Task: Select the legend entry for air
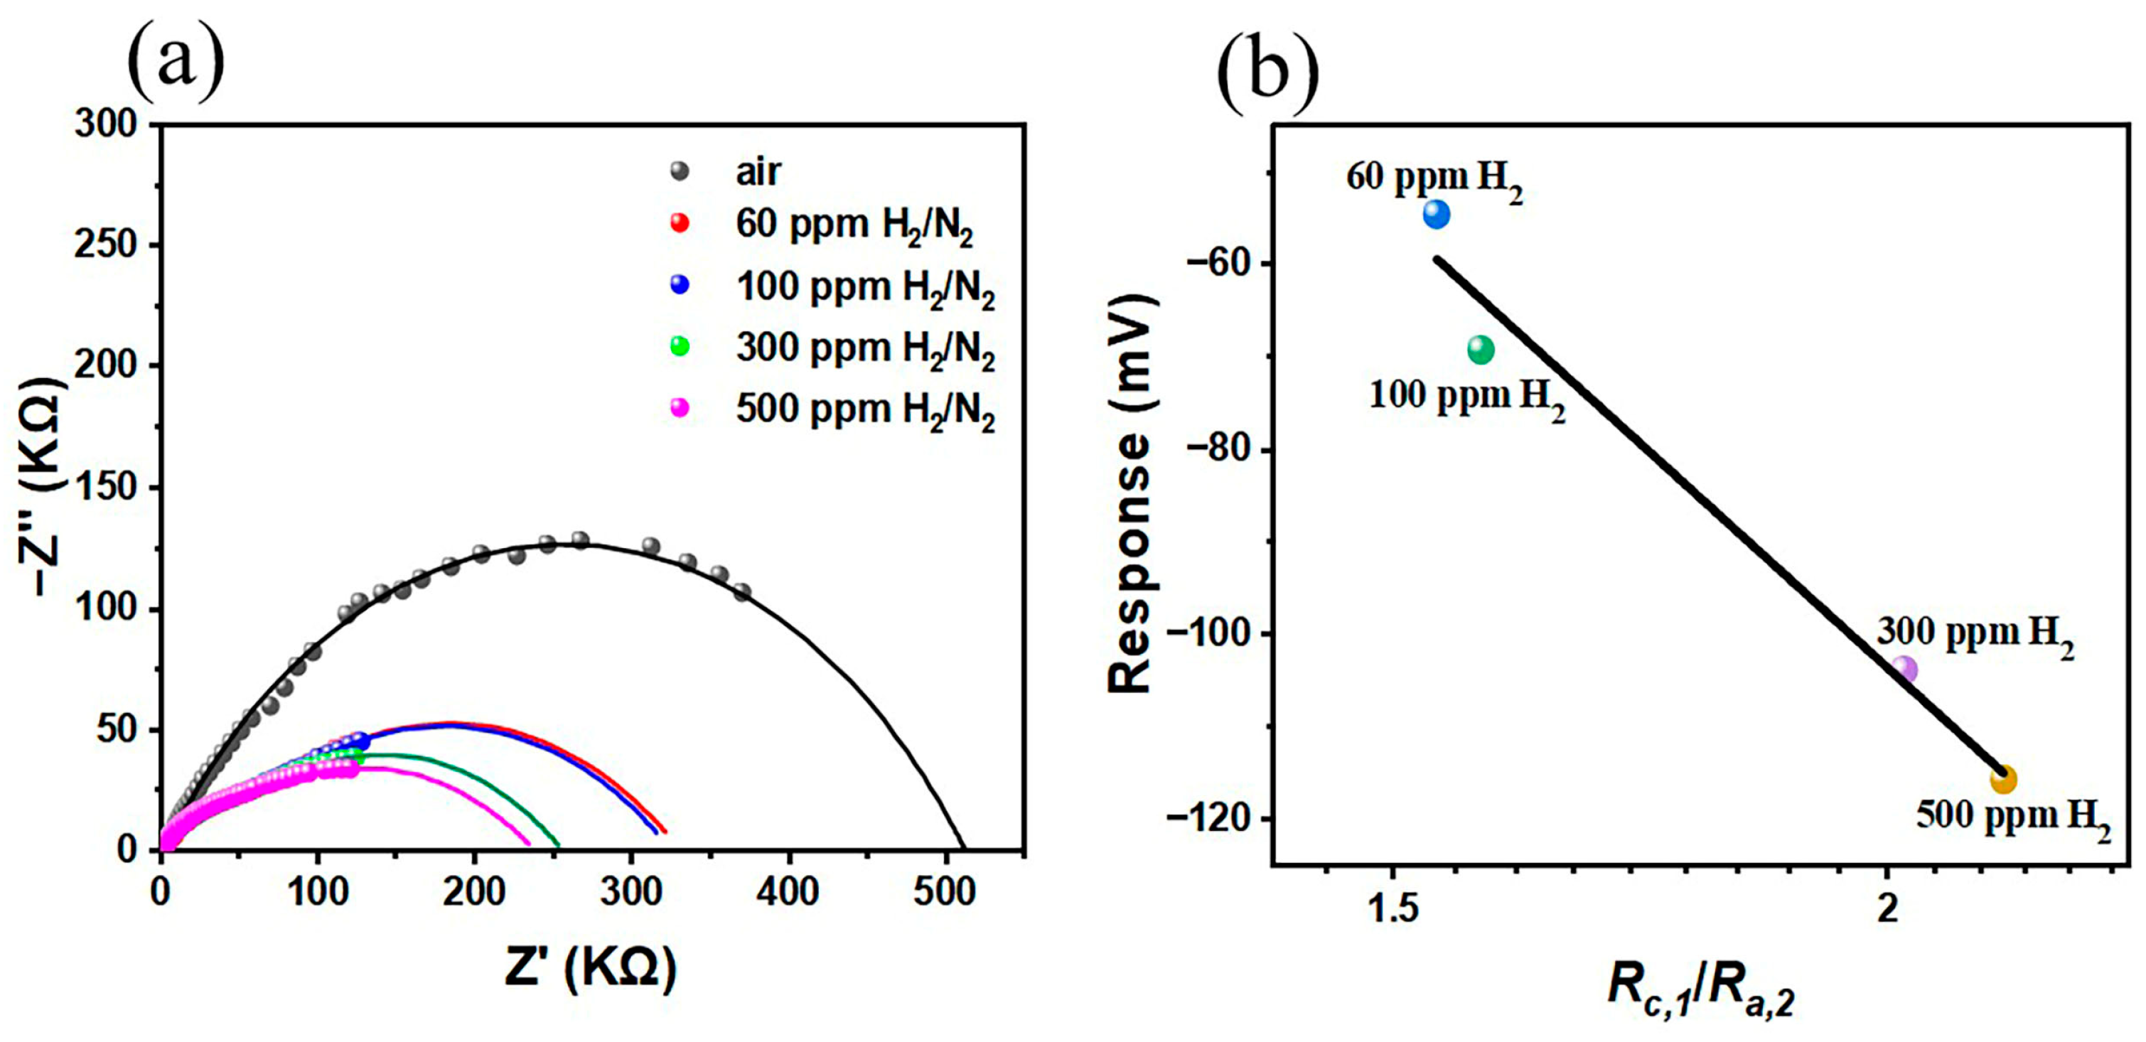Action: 757,171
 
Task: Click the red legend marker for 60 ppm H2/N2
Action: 680,223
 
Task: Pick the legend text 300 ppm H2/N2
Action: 865,348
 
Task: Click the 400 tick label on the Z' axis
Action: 788,893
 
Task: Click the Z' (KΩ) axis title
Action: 590,968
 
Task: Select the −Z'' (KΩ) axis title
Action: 42,488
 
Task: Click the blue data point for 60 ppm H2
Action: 1436,214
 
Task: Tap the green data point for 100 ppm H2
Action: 1481,349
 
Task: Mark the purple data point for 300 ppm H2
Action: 1904,669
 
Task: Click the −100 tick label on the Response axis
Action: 1208,633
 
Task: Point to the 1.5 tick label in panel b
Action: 1394,909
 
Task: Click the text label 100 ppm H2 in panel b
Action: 1466,396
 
